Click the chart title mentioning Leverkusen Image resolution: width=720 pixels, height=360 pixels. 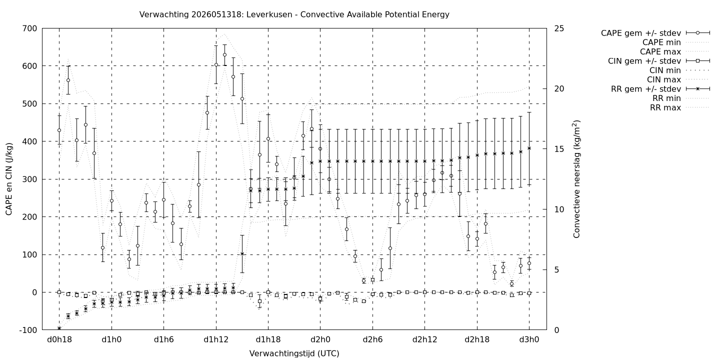point(294,14)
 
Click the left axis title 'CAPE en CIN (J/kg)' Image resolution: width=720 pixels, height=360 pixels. point(8,179)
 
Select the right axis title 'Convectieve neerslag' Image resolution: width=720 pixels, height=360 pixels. point(576,179)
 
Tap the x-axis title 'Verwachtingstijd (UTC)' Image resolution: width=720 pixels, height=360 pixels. point(294,353)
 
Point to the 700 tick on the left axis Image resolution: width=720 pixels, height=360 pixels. point(30,28)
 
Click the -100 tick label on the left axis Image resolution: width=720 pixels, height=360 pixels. point(28,330)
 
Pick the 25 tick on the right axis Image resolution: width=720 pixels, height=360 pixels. point(559,28)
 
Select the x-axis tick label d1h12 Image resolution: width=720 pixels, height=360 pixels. point(216,339)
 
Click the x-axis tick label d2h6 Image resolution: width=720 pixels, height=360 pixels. point(373,339)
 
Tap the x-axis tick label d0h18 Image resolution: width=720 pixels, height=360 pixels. point(59,339)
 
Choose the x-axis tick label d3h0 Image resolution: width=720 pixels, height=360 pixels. point(529,339)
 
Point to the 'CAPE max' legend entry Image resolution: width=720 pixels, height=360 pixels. point(660,52)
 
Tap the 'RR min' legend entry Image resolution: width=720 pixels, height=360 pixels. point(666,98)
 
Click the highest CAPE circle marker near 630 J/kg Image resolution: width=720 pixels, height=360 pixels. point(224,54)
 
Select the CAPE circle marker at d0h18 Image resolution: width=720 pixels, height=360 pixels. point(59,130)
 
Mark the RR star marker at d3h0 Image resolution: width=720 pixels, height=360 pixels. point(529,148)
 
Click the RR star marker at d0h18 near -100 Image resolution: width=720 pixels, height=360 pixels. point(59,328)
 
